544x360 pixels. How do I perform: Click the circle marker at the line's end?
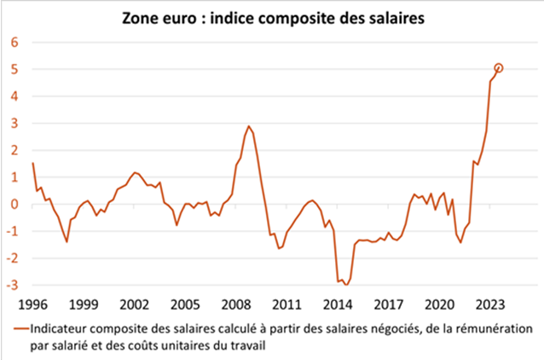click(x=498, y=68)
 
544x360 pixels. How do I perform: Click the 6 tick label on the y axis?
click(x=14, y=43)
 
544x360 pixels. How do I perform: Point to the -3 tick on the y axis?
click(x=12, y=286)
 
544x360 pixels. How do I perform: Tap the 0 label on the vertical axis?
click(x=14, y=205)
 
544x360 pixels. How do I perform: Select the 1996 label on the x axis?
click(x=32, y=305)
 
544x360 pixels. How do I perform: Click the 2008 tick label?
click(x=236, y=305)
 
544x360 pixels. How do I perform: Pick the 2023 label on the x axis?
click(x=490, y=305)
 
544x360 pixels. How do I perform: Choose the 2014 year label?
click(x=338, y=305)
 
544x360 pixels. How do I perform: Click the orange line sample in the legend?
click(x=21, y=328)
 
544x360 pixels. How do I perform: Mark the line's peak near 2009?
click(x=249, y=126)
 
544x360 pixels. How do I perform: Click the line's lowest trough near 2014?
click(x=346, y=286)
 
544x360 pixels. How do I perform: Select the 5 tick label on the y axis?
click(x=14, y=70)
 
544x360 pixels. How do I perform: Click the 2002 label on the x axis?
click(x=134, y=305)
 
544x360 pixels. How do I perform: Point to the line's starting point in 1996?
click(x=32, y=163)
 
